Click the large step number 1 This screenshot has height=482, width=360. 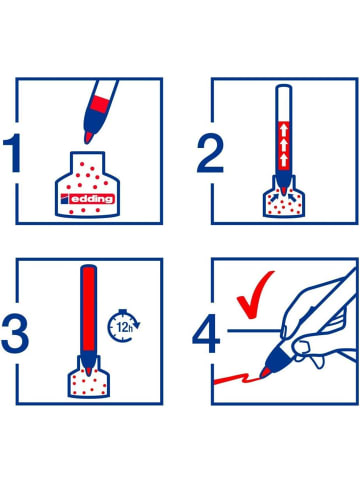pos(13,153)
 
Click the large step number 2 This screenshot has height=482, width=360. pos(210,153)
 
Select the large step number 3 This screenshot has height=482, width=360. pos(15,333)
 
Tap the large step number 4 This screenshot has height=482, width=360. pos(206,333)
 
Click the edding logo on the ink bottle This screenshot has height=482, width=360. pos(88,199)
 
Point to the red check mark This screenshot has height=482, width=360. pos(255,295)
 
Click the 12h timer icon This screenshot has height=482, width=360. pos(123,326)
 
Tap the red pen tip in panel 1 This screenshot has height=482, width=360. pos(88,137)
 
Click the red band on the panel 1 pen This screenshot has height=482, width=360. pos(100,104)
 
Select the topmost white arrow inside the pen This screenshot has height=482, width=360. pos(284,130)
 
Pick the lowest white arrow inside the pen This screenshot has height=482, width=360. pos(284,160)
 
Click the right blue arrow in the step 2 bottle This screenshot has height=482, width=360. pos(291,197)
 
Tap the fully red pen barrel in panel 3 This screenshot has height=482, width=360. pos(89,308)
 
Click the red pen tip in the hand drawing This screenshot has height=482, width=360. pos(265,372)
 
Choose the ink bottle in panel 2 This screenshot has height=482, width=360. pos(284,197)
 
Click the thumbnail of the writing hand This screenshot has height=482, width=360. pos(284,332)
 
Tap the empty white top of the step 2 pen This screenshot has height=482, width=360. pos(284,103)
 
